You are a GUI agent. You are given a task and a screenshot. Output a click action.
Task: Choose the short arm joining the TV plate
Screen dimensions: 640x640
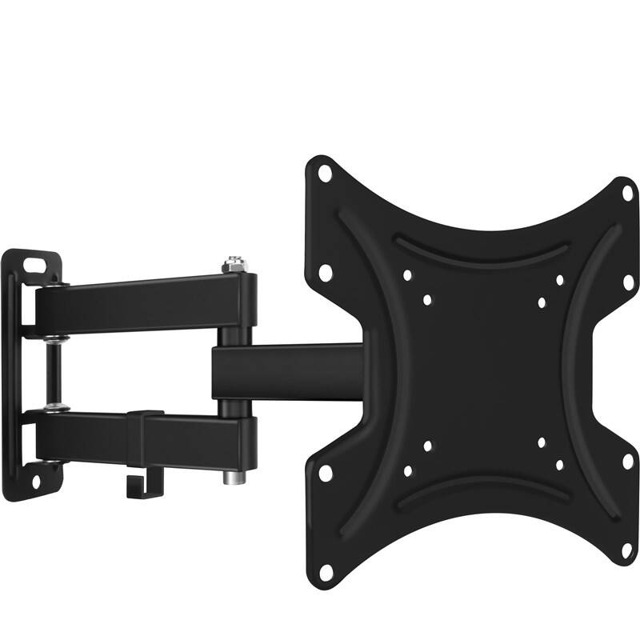click(288, 371)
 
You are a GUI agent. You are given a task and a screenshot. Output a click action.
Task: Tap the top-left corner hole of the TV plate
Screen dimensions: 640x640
click(324, 170)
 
